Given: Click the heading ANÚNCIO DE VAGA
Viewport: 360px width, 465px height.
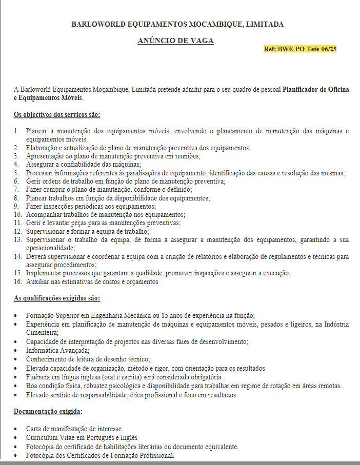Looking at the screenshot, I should (x=175, y=41).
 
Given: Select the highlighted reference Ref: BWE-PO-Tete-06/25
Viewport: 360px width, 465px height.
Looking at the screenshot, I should (x=300, y=49).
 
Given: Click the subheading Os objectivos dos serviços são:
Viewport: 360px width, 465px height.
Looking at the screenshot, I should (x=57, y=114).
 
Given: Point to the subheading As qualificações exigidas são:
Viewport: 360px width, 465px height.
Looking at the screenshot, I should (x=57, y=298).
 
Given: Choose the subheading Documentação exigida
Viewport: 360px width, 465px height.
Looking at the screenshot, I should (x=47, y=411).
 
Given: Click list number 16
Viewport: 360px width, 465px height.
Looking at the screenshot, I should (x=17, y=281).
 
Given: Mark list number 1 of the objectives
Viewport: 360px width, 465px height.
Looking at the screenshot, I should (x=16, y=131).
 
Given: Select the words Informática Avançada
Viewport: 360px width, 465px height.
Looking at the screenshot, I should (x=57, y=351).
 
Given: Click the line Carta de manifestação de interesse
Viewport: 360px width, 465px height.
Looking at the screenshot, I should (x=74, y=429).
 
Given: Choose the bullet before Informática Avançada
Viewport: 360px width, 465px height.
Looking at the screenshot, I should (x=17, y=351).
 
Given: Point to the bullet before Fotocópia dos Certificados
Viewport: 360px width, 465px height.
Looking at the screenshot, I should (x=17, y=456).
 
